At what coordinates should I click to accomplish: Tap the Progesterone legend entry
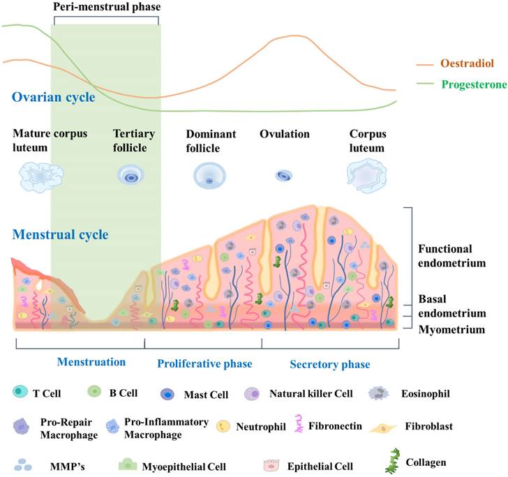click(472, 84)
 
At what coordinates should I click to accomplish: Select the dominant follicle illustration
click(209, 176)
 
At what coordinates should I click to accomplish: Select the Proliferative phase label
click(204, 364)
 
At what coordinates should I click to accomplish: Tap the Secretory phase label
click(329, 364)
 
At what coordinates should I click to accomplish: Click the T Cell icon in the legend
click(20, 392)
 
